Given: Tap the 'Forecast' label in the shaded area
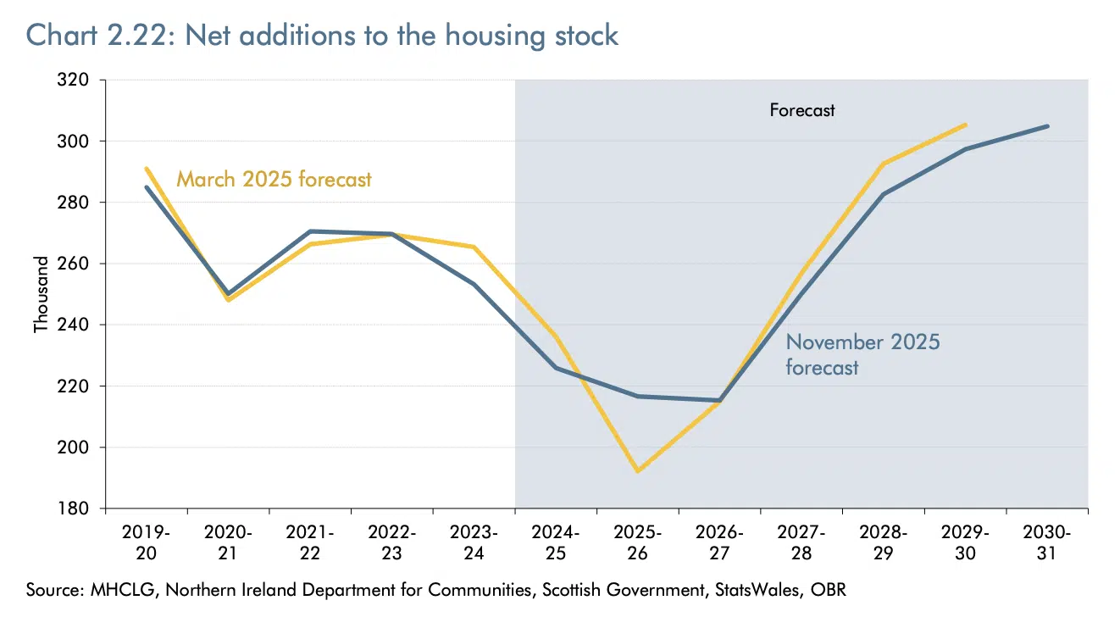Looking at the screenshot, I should (801, 110).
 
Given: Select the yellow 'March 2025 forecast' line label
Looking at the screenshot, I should (274, 180).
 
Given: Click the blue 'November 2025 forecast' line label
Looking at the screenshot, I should (862, 354).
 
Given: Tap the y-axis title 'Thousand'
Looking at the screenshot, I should (40, 294).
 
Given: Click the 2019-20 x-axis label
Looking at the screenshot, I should (147, 542).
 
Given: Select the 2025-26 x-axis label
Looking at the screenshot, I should (638, 542).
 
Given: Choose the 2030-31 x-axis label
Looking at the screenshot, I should (1048, 542).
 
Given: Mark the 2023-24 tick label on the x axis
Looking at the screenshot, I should (474, 542).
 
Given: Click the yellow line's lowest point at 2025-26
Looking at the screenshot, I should (637, 471).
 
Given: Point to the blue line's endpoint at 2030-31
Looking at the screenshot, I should (1048, 126).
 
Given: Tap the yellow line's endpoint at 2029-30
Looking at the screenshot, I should (966, 125).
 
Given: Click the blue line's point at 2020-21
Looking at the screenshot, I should (228, 293).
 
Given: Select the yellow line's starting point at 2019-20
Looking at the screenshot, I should (147, 169).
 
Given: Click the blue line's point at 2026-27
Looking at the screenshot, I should (719, 400).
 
